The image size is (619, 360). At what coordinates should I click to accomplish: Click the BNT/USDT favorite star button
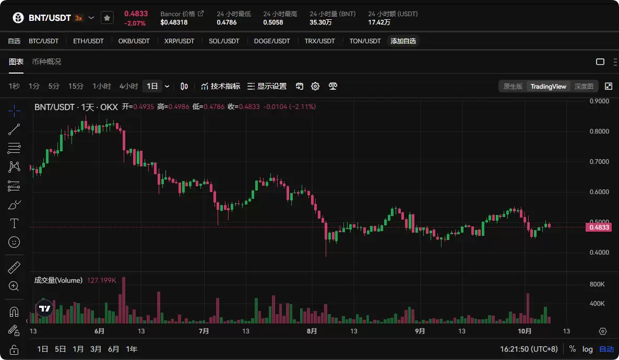[x=106, y=18]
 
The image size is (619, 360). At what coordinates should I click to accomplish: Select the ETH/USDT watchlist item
[x=88, y=41]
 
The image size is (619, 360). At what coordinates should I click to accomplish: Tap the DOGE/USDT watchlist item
[x=271, y=41]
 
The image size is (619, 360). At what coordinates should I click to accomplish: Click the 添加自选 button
[x=403, y=41]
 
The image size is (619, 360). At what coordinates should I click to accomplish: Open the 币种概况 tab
[x=46, y=62]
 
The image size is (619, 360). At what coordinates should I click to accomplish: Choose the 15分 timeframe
[x=76, y=86]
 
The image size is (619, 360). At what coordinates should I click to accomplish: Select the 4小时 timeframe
[x=128, y=86]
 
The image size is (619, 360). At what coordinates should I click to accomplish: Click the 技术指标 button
[x=221, y=86]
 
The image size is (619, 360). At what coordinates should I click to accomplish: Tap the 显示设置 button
[x=267, y=86]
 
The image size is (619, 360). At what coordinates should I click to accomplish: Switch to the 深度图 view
[x=584, y=86]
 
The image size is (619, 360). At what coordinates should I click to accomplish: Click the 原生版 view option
[x=513, y=86]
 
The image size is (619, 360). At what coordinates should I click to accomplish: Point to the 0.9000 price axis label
[x=599, y=101]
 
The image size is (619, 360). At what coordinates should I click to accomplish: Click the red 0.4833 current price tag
[x=599, y=227]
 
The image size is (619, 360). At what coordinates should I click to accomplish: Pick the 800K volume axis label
[x=597, y=284]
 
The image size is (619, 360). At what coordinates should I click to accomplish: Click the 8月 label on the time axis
[x=312, y=331]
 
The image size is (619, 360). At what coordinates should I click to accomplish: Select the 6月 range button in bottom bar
[x=113, y=349]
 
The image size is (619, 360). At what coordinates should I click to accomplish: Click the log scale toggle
[x=588, y=349]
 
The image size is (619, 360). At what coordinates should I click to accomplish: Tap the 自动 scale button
[x=606, y=349]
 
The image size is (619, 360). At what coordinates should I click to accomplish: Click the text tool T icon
[x=14, y=223]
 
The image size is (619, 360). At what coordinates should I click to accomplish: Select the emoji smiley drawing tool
[x=14, y=242]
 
